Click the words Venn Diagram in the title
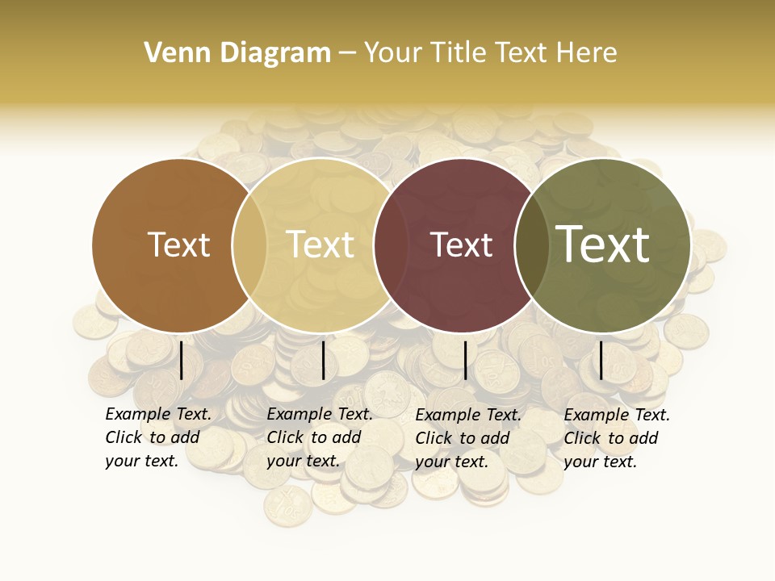pos(237,53)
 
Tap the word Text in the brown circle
pos(179,245)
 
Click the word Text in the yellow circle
pos(320,245)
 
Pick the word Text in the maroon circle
pos(462,245)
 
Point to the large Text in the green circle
pos(603,245)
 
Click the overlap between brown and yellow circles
pos(249,245)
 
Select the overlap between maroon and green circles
pos(532,245)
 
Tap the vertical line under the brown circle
pos(182,361)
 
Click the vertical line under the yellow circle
pos(323,361)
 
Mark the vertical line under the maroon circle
pos(465,361)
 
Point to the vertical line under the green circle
pos(601,361)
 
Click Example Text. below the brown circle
pos(158,414)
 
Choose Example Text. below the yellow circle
pos(320,414)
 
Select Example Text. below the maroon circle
pos(468,415)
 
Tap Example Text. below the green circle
pos(617,415)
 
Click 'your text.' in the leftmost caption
pos(141,461)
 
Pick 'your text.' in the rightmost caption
pos(600,462)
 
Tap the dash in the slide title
pos(347,53)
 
